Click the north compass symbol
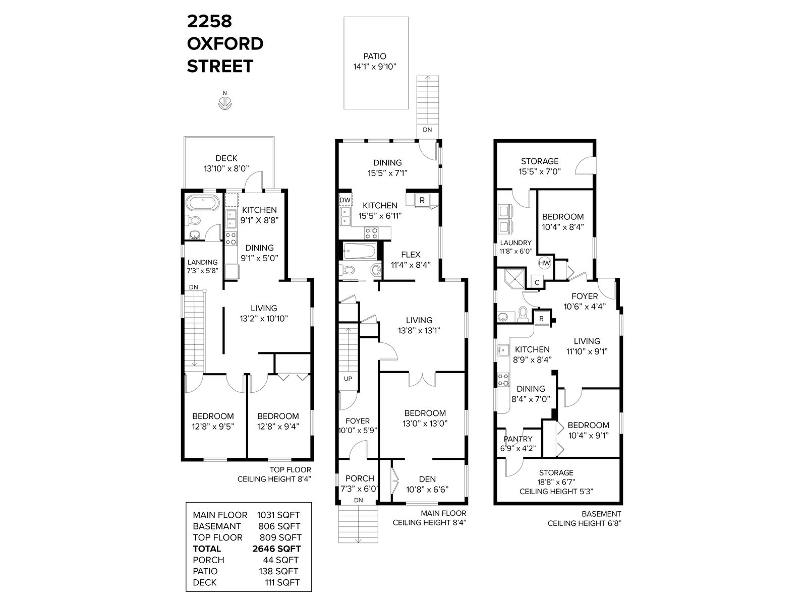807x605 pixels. point(224,103)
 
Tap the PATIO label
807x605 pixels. point(375,56)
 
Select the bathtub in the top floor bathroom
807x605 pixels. point(202,203)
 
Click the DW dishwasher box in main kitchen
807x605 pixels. point(345,200)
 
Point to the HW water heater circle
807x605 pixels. point(544,263)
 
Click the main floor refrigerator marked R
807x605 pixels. point(422,201)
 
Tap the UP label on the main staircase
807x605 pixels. point(348,379)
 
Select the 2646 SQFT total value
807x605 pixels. point(276,549)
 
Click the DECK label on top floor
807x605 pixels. point(226,158)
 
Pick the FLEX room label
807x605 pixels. point(411,255)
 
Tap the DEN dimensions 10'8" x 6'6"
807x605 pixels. point(427,489)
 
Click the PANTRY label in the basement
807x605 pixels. point(518,439)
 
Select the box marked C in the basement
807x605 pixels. point(537,282)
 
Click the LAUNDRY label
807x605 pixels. point(515,243)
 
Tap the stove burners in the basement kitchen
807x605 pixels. point(503,380)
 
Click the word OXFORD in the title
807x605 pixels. point(225,44)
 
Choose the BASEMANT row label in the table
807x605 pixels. point(217,526)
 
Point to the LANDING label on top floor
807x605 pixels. point(203,262)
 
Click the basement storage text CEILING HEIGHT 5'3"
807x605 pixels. point(556,491)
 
